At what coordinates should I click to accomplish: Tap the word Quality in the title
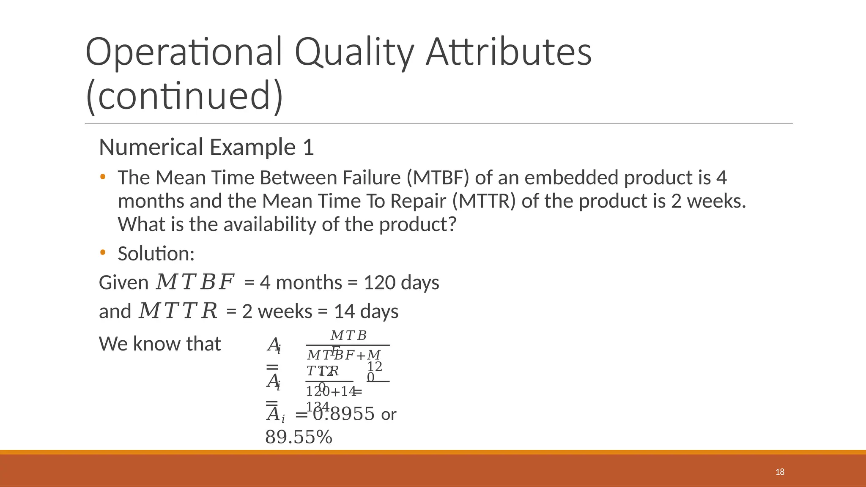[354, 53]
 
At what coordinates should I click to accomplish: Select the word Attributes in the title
[508, 52]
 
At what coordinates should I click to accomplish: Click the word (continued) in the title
[184, 96]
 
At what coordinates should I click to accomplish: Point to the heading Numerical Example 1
[206, 148]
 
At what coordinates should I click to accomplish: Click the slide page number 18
[780, 472]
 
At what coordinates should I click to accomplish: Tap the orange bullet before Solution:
[103, 253]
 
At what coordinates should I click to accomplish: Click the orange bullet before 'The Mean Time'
[103, 177]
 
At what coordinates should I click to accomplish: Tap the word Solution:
[156, 254]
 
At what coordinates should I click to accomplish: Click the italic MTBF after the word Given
[195, 282]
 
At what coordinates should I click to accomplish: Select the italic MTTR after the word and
[178, 311]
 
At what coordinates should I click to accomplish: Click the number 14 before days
[344, 312]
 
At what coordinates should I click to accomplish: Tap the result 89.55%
[299, 437]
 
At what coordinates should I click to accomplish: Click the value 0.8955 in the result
[344, 414]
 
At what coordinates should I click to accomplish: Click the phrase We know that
[160, 344]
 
